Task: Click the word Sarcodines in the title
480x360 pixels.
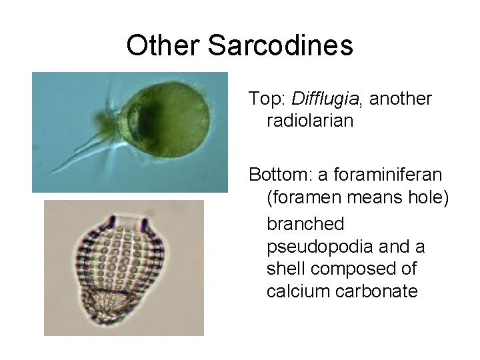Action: (280, 46)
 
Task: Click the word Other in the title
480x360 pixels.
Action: (163, 46)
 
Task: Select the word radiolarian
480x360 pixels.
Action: (310, 121)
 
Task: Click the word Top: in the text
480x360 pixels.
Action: (267, 99)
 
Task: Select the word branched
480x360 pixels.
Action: (305, 223)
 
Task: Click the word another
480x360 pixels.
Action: (401, 99)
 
